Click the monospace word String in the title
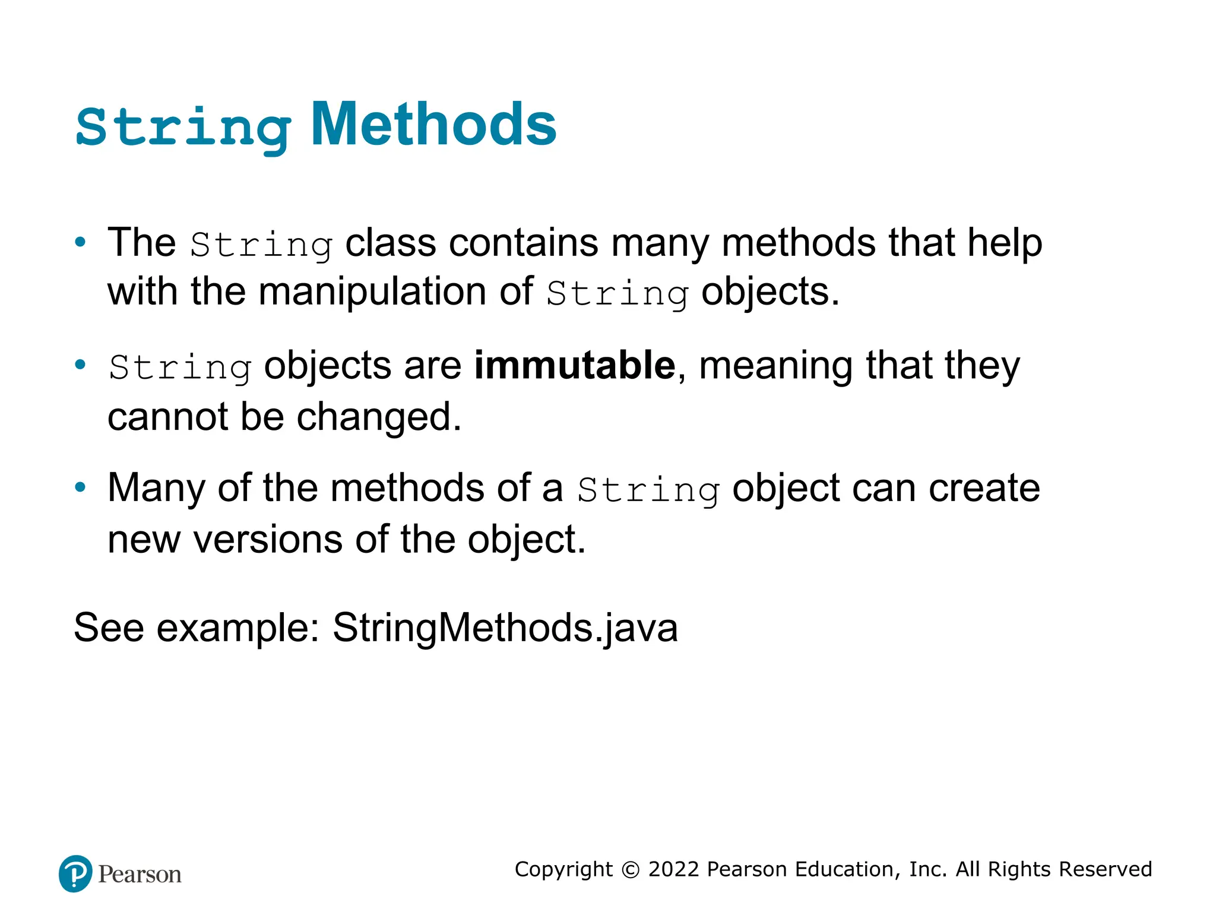(x=183, y=128)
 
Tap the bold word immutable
(x=574, y=365)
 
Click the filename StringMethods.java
(x=505, y=628)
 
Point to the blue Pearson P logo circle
(x=75, y=873)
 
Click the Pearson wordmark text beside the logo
(x=140, y=875)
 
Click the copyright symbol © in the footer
(x=630, y=870)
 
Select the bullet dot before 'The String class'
(x=80, y=242)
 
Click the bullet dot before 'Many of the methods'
(x=80, y=487)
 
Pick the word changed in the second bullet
(x=378, y=417)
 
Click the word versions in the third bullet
(x=268, y=540)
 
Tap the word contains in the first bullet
(x=523, y=243)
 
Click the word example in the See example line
(x=237, y=628)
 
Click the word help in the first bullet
(x=1004, y=243)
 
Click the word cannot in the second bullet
(x=167, y=417)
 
